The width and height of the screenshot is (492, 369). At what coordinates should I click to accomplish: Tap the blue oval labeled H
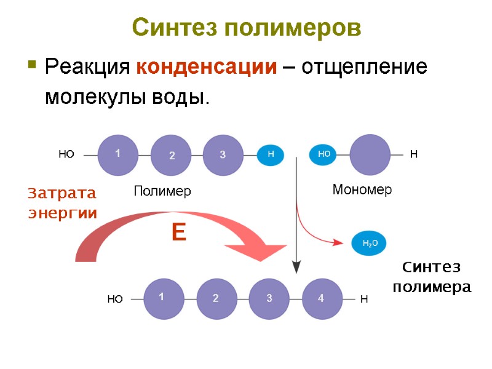[271, 155]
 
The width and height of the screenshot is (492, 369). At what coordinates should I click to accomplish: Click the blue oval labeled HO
[324, 155]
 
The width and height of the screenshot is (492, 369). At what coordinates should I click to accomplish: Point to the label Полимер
[162, 191]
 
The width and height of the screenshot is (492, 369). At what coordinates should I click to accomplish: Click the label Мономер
[362, 190]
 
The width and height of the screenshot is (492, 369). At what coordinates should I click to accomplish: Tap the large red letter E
[178, 232]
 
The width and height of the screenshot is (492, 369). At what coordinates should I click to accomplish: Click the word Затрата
[62, 194]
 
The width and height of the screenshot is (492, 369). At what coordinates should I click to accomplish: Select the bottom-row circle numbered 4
[321, 299]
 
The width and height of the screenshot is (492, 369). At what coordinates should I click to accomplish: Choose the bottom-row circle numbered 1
[162, 299]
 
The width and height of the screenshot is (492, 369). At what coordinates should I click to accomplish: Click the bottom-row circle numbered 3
[269, 299]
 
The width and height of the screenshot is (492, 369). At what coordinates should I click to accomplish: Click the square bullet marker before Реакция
[31, 64]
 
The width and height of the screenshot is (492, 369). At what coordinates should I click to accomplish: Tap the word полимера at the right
[431, 287]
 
